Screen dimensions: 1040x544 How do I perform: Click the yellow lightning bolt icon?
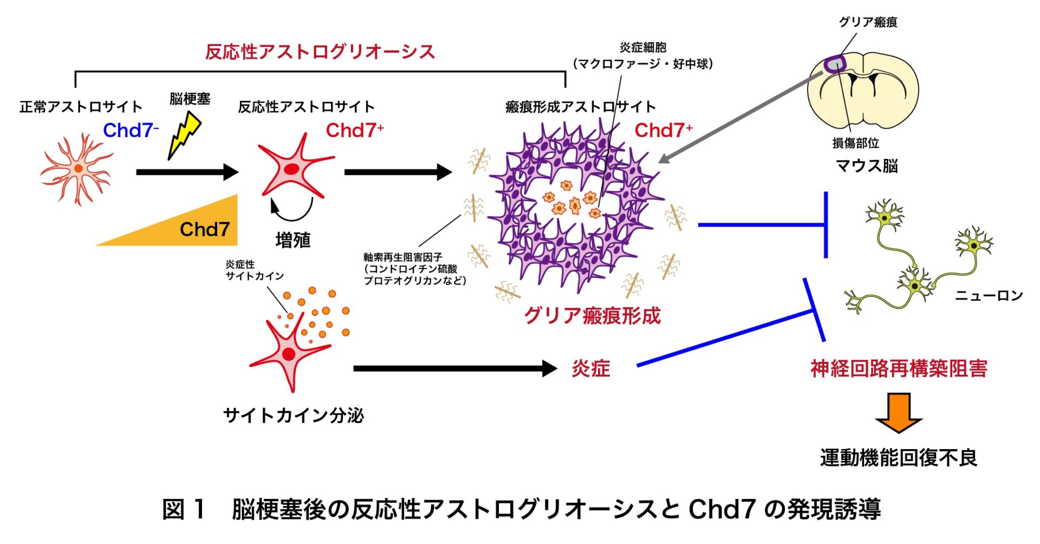coord(184,135)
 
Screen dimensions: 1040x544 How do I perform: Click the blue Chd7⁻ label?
coord(131,131)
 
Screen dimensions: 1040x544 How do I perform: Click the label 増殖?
coord(292,240)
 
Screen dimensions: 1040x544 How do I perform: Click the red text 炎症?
coord(591,368)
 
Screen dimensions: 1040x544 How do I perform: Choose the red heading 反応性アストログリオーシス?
coord(320,51)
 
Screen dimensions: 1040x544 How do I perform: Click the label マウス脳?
coord(867,165)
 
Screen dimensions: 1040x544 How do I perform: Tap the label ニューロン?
coord(989,295)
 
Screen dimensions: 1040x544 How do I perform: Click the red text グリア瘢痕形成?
coord(592,315)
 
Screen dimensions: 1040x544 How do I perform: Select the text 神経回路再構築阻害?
coord(899,368)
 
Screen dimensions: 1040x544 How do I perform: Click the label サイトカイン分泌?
coord(294,416)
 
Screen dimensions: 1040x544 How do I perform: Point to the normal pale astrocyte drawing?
coord(77,169)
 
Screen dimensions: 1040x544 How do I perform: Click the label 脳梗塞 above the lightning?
coord(190,99)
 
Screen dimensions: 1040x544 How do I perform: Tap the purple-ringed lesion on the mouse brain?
coord(835,64)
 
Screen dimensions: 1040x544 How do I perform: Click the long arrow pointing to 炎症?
coord(455,368)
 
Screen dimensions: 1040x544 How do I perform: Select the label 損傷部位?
coord(855,143)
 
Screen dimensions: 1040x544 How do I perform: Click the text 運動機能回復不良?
coord(899,458)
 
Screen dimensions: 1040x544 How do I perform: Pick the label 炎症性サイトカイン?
coord(255,270)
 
